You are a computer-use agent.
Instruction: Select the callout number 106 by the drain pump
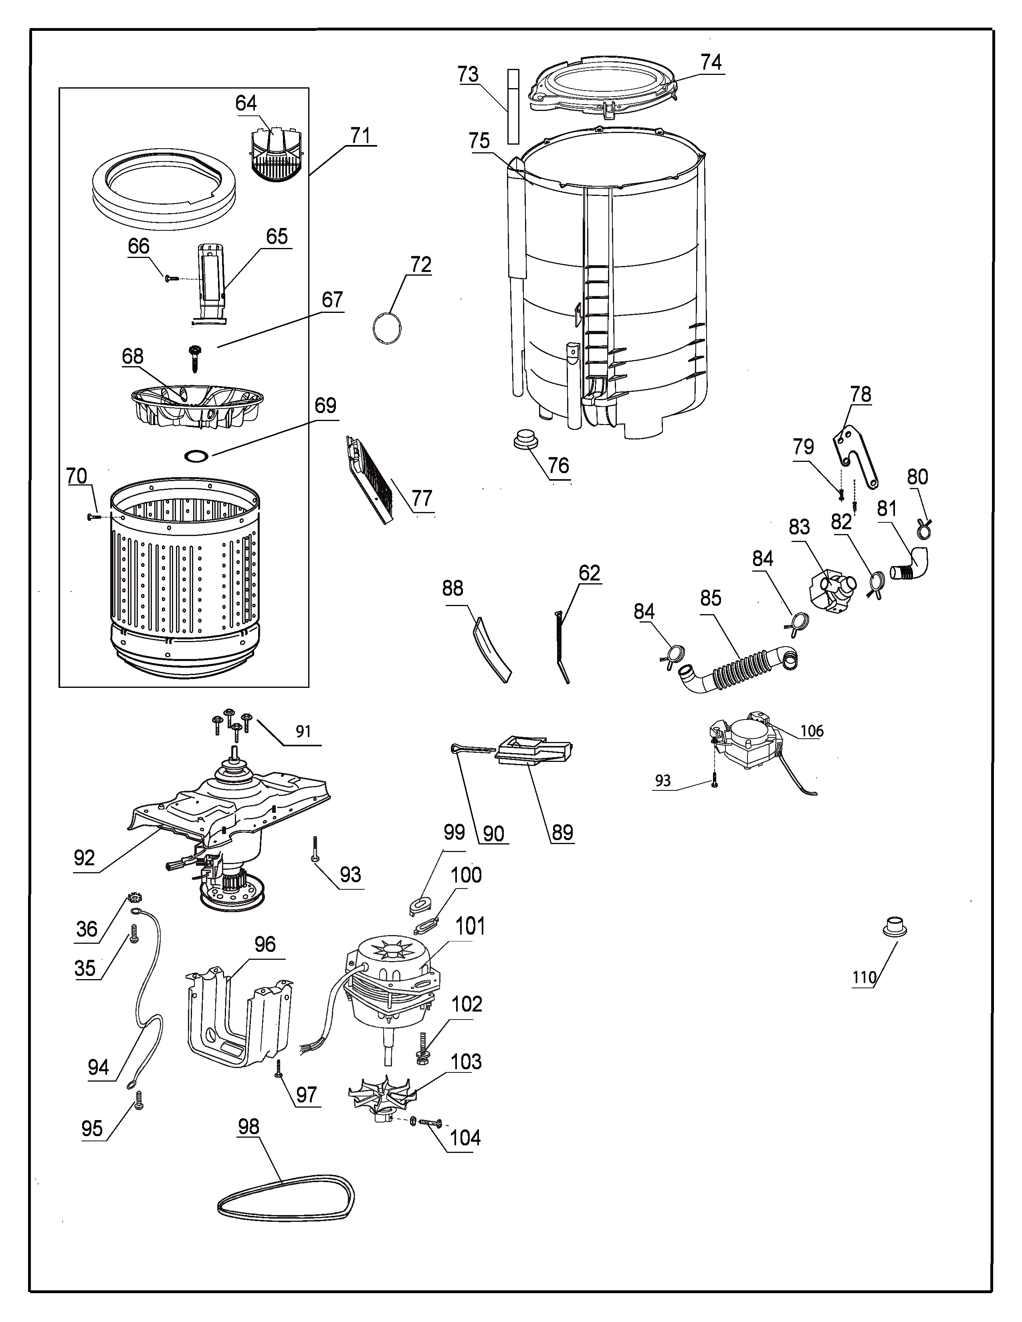click(812, 731)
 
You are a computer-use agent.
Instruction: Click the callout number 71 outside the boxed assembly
click(360, 135)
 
